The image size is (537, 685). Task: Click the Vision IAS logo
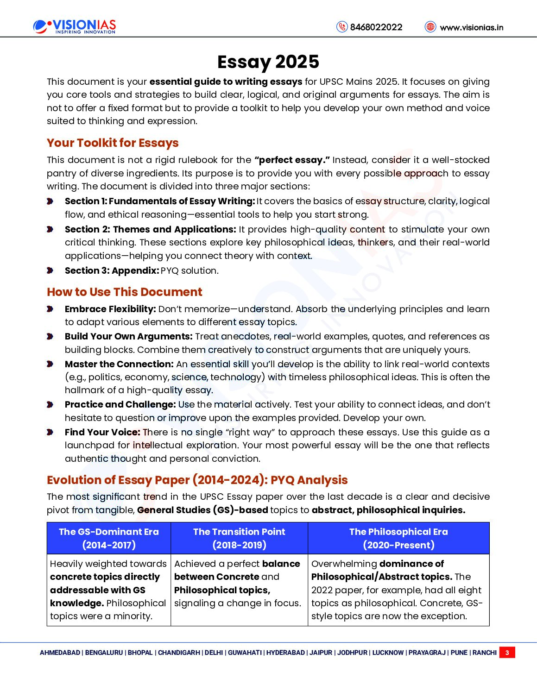pyautogui.click(x=75, y=26)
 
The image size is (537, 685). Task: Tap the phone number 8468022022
pyautogui.click(x=376, y=27)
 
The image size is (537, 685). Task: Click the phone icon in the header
pyautogui.click(x=342, y=27)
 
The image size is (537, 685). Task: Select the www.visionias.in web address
pyautogui.click(x=471, y=27)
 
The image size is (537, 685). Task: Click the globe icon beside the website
pyautogui.click(x=430, y=27)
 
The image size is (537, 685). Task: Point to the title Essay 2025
pyautogui.click(x=268, y=62)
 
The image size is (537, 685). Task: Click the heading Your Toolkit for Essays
pyautogui.click(x=113, y=143)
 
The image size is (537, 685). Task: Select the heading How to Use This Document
pyautogui.click(x=125, y=292)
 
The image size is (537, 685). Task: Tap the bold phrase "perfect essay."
pyautogui.click(x=292, y=160)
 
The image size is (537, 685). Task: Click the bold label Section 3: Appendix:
pyautogui.click(x=112, y=270)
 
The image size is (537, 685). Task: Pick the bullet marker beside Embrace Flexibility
pyautogui.click(x=50, y=309)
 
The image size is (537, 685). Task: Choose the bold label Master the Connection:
pyautogui.click(x=119, y=364)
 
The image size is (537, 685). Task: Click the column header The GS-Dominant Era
pyautogui.click(x=109, y=538)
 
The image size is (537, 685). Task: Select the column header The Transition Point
pyautogui.click(x=239, y=538)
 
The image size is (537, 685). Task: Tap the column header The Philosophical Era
pyautogui.click(x=398, y=538)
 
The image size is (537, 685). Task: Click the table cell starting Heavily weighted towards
pyautogui.click(x=109, y=590)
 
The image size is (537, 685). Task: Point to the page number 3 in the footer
pyautogui.click(x=507, y=653)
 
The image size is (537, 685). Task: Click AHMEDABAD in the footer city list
pyautogui.click(x=60, y=653)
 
